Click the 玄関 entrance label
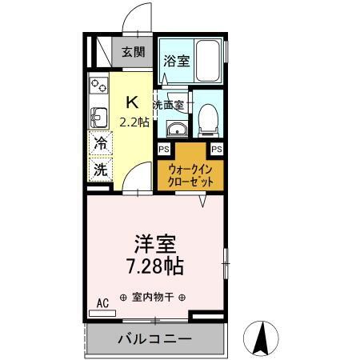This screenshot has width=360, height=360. click(133, 52)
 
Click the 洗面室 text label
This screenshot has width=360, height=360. click(170, 105)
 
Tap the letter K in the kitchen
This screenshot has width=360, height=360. click(134, 102)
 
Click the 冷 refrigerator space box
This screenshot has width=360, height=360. click(101, 145)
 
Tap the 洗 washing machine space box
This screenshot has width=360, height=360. click(101, 170)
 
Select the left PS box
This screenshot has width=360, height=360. click(163, 149)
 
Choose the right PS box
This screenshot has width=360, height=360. click(216, 149)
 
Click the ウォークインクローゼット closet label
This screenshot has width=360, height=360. click(190, 175)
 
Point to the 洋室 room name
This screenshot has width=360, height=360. click(154, 242)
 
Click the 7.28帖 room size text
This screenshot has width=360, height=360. click(154, 264)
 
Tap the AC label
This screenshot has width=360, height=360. click(102, 302)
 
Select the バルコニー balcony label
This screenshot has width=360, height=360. click(155, 339)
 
